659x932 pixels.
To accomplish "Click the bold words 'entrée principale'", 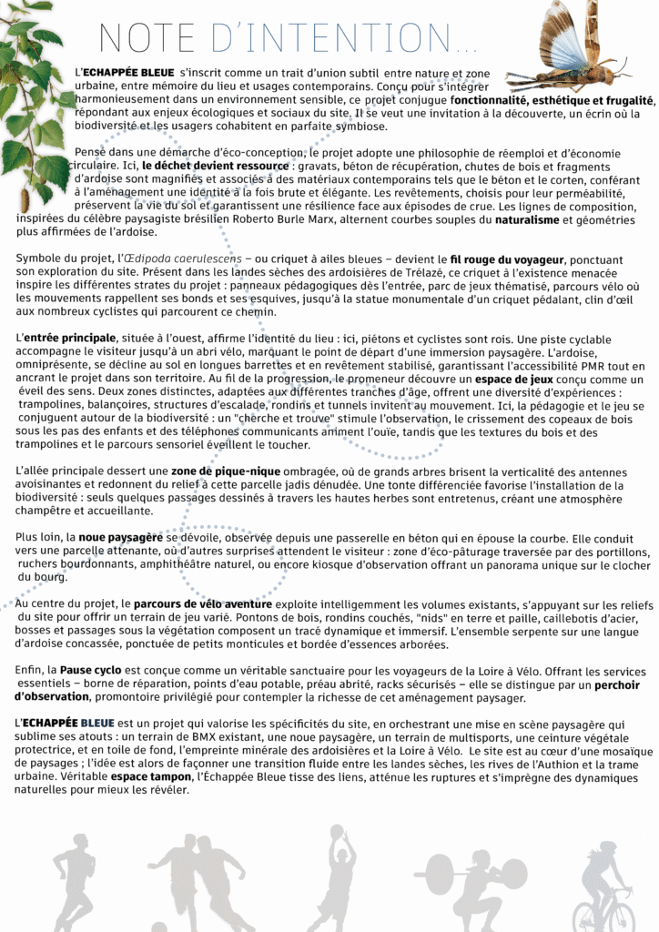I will tap(76, 339).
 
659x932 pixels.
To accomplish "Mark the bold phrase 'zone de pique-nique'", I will tap(218, 471).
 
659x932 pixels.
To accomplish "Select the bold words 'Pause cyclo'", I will tap(88, 670).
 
